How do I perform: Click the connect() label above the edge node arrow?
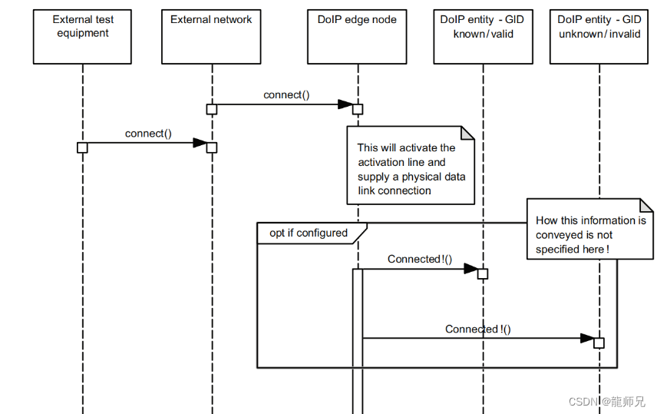pyautogui.click(x=286, y=95)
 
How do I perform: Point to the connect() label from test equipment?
pyautogui.click(x=148, y=134)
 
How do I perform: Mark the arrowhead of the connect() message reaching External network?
pyautogui.click(x=200, y=143)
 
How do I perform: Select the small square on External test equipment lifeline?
pyautogui.click(x=82, y=147)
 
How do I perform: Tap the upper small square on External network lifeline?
pyautogui.click(x=212, y=109)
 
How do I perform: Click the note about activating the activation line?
pyautogui.click(x=411, y=169)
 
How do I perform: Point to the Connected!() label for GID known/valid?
pyautogui.click(x=420, y=260)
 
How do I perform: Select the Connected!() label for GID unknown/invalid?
pyautogui.click(x=478, y=330)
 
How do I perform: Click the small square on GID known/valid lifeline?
pyautogui.click(x=483, y=273)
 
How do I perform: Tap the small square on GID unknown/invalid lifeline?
pyautogui.click(x=599, y=343)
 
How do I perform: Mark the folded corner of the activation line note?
pyautogui.click(x=468, y=134)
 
